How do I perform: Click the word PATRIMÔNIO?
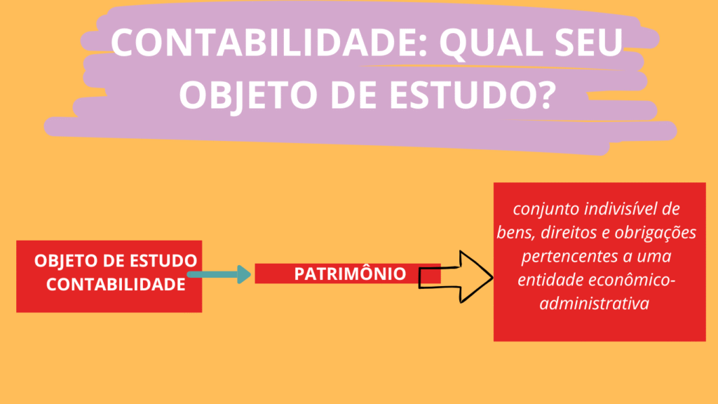click(x=350, y=274)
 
